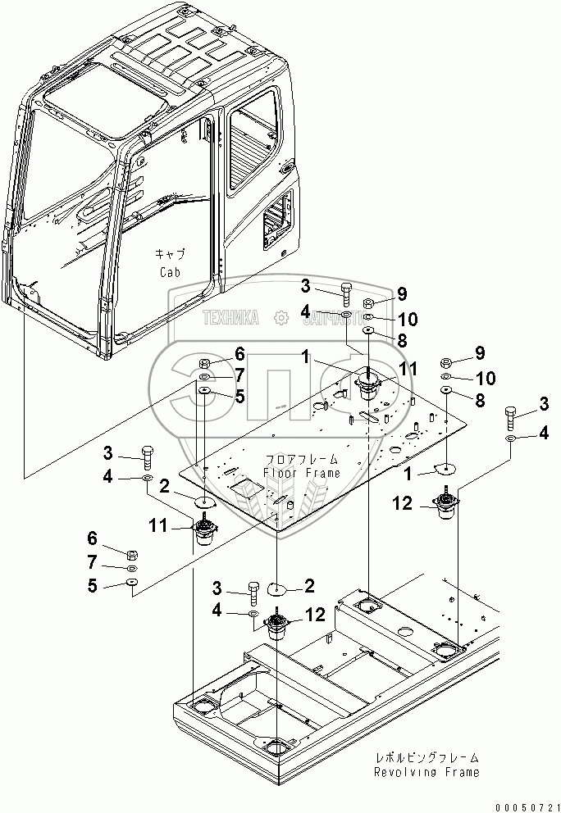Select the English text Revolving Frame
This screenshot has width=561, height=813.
point(426,772)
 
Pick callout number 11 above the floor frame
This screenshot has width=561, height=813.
point(408,368)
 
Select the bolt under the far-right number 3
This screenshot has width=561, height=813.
point(511,419)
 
